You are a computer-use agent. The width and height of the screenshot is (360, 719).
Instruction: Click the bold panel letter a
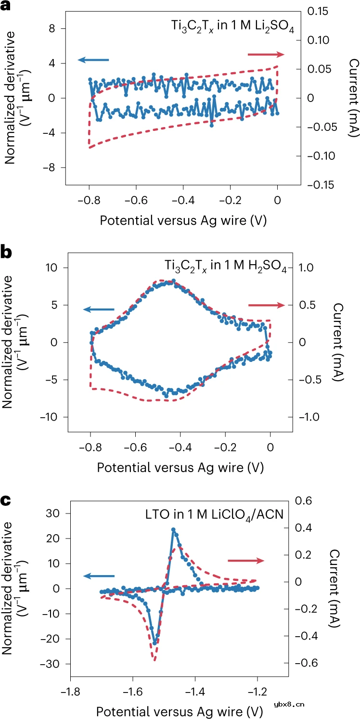pyautogui.click(x=6, y=7)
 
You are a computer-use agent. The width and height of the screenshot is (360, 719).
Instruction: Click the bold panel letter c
pyautogui.click(x=6, y=501)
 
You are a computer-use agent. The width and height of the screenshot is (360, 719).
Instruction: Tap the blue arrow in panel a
pyautogui.click(x=93, y=60)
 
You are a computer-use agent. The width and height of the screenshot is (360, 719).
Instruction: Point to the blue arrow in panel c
pyautogui.click(x=99, y=576)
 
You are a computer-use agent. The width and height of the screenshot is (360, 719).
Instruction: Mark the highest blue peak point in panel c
pyautogui.click(x=173, y=530)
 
